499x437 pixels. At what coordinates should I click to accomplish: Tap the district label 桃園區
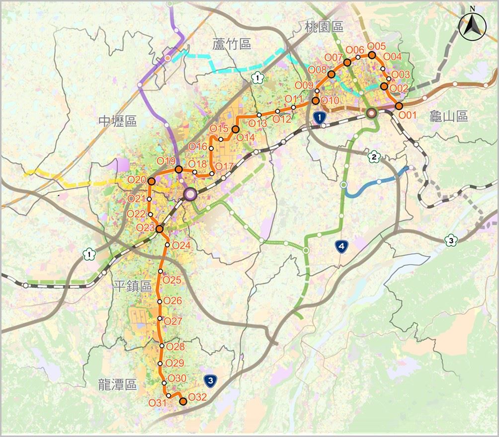[325, 26]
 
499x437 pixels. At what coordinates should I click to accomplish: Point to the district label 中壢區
[117, 121]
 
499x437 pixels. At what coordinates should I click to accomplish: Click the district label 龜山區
[449, 116]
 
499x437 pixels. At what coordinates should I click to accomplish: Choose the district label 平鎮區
[132, 286]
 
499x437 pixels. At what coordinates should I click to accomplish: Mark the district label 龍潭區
[117, 384]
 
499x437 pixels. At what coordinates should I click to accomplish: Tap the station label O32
[197, 397]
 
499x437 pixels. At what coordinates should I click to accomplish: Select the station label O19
[166, 161]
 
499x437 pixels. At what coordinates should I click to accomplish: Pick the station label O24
[181, 245]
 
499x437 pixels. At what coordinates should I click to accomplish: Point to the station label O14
[246, 137]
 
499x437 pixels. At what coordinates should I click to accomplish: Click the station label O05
[377, 46]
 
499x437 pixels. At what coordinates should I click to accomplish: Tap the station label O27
[173, 321]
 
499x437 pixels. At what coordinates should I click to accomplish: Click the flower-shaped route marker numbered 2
[373, 157]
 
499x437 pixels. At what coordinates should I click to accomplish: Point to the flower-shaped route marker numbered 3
[451, 240]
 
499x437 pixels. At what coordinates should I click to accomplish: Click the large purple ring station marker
[190, 194]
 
